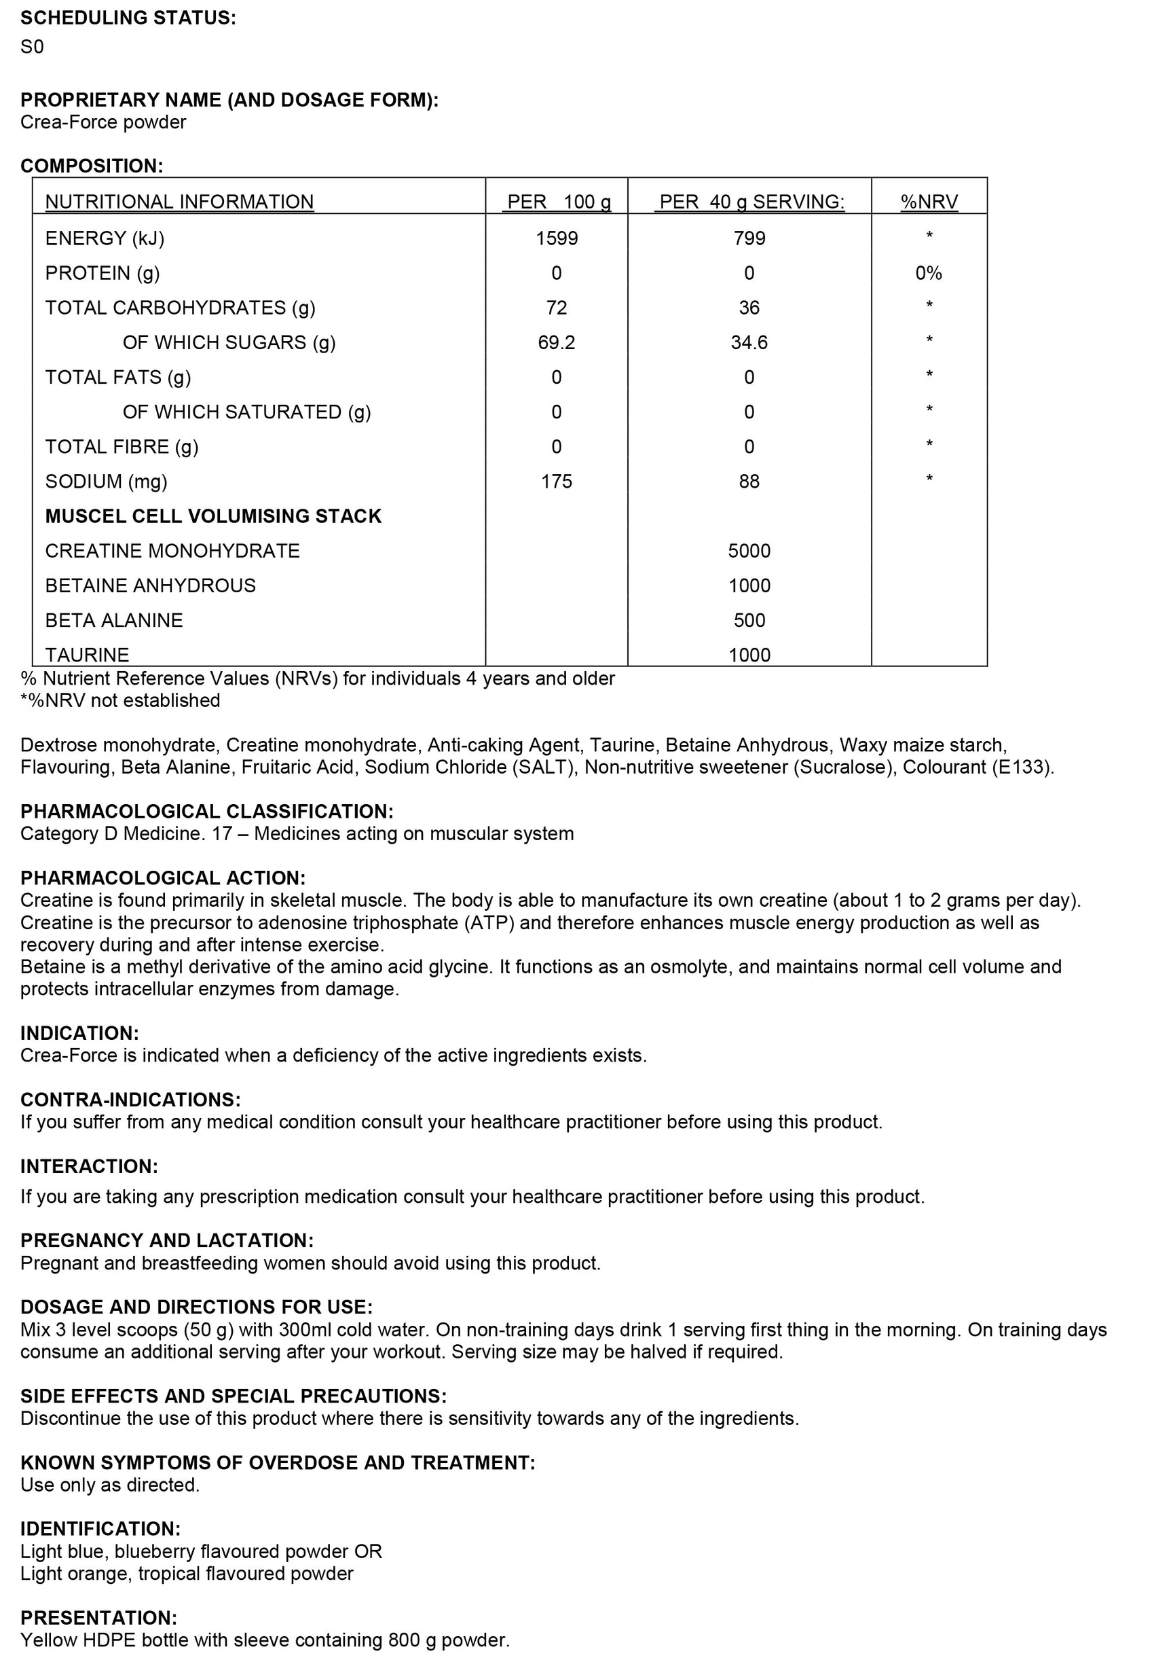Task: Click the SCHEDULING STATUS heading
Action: (x=128, y=18)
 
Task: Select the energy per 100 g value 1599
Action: (x=556, y=238)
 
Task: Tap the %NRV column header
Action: (x=929, y=202)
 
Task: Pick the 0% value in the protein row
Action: (x=929, y=273)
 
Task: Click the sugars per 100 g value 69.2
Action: (x=556, y=342)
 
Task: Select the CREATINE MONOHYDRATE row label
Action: (x=172, y=551)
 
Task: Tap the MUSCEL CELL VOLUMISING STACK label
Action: (x=213, y=516)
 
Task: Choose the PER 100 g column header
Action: (x=558, y=202)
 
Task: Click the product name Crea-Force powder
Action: (x=103, y=122)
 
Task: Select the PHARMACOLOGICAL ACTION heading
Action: (x=163, y=878)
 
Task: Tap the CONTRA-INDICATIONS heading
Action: (x=130, y=1100)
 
